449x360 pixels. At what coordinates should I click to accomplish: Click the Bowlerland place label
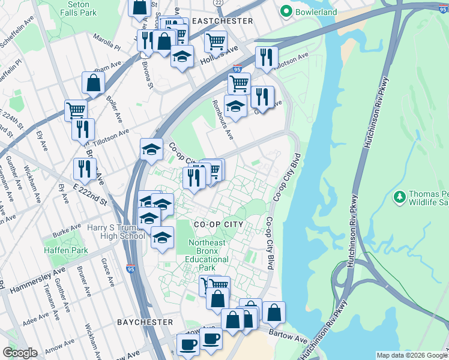point(315,11)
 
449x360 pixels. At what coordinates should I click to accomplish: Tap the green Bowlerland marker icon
point(286,11)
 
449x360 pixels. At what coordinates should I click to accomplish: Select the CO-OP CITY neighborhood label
point(218,224)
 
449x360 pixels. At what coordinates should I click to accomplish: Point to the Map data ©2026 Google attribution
point(411,355)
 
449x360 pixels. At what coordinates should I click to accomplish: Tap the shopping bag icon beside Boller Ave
point(94,83)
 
